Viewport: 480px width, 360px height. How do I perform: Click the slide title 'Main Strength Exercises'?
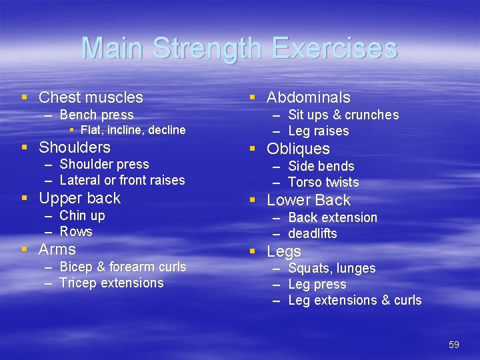[239, 49]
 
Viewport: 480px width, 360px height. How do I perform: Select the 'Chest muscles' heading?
[91, 97]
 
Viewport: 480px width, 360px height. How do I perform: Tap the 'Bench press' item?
[97, 115]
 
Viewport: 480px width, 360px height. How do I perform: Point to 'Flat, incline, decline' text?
[133, 130]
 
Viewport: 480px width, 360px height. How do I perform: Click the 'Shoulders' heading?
[75, 147]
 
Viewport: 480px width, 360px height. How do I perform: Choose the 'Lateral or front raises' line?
[122, 180]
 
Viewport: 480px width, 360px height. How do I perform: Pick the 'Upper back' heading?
[79, 198]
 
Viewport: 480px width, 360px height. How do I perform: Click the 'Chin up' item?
[82, 215]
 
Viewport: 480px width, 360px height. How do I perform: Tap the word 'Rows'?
[76, 231]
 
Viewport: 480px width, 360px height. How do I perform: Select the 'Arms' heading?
[57, 249]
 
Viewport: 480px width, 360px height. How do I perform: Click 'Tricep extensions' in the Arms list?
[111, 283]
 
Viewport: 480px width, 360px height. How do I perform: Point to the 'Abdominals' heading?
[308, 97]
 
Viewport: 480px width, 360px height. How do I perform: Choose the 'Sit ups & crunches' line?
[343, 115]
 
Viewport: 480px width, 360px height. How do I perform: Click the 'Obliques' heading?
[298, 149]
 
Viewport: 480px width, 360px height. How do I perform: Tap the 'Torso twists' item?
[323, 182]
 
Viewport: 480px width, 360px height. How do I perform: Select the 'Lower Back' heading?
[308, 200]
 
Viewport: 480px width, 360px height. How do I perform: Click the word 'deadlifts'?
[313, 233]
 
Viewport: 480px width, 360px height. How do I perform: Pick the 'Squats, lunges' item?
[331, 268]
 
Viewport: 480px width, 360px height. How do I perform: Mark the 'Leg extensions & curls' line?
[355, 300]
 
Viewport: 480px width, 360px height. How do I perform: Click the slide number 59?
[454, 344]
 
